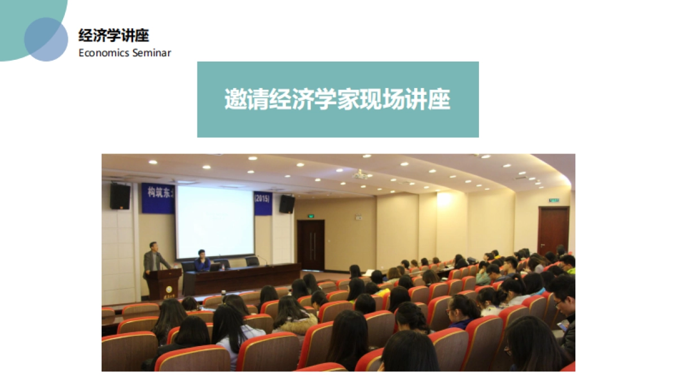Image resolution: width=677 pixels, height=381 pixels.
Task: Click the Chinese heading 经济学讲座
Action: pyautogui.click(x=113, y=36)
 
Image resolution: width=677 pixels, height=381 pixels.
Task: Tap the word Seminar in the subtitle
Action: pyautogui.click(x=151, y=53)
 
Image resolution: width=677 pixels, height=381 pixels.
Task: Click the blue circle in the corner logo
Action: pyautogui.click(x=46, y=40)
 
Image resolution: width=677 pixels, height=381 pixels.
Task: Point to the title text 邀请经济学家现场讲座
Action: pyautogui.click(x=337, y=99)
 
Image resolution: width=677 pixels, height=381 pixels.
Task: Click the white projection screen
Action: pyautogui.click(x=214, y=221)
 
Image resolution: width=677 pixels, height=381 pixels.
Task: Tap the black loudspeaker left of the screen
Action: pyautogui.click(x=120, y=196)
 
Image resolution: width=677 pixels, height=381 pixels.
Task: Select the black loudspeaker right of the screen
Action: pyautogui.click(x=287, y=204)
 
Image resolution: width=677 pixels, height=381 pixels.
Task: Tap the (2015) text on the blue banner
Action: pyautogui.click(x=263, y=199)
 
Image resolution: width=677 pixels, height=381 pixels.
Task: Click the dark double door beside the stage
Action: pyautogui.click(x=310, y=244)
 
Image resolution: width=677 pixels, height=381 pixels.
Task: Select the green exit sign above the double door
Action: pyautogui.click(x=310, y=215)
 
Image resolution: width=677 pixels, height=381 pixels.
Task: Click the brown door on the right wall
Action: pyautogui.click(x=553, y=230)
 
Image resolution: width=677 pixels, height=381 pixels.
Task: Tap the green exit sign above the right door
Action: pyautogui.click(x=553, y=200)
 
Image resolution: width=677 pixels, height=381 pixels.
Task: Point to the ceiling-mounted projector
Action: pyautogui.click(x=361, y=175)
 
